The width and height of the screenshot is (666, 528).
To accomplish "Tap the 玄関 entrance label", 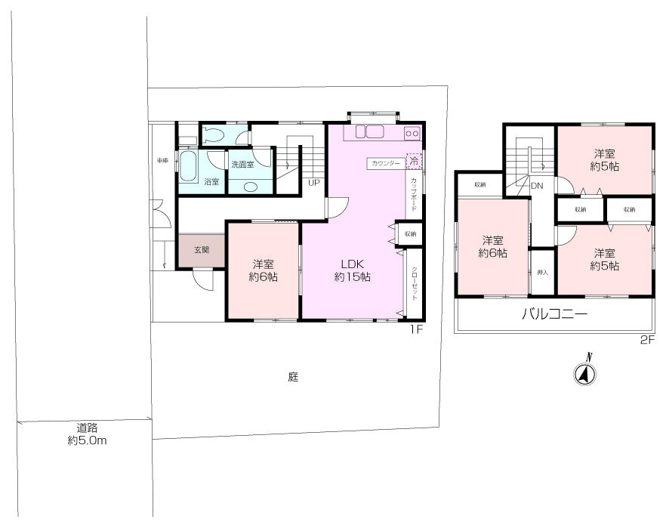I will (x=202, y=250).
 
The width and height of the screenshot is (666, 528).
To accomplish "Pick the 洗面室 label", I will (x=243, y=164).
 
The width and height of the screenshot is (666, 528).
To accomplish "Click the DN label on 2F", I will (x=538, y=185).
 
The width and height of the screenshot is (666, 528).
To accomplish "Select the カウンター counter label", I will (x=387, y=162).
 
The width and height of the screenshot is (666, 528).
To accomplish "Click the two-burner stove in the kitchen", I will (x=412, y=133).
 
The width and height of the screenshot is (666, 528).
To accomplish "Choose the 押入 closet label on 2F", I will (x=542, y=272).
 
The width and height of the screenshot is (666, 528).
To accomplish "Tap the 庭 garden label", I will (x=292, y=376).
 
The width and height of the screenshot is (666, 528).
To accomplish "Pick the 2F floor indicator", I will (x=646, y=341).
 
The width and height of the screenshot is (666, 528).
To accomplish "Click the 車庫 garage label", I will (x=162, y=161).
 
